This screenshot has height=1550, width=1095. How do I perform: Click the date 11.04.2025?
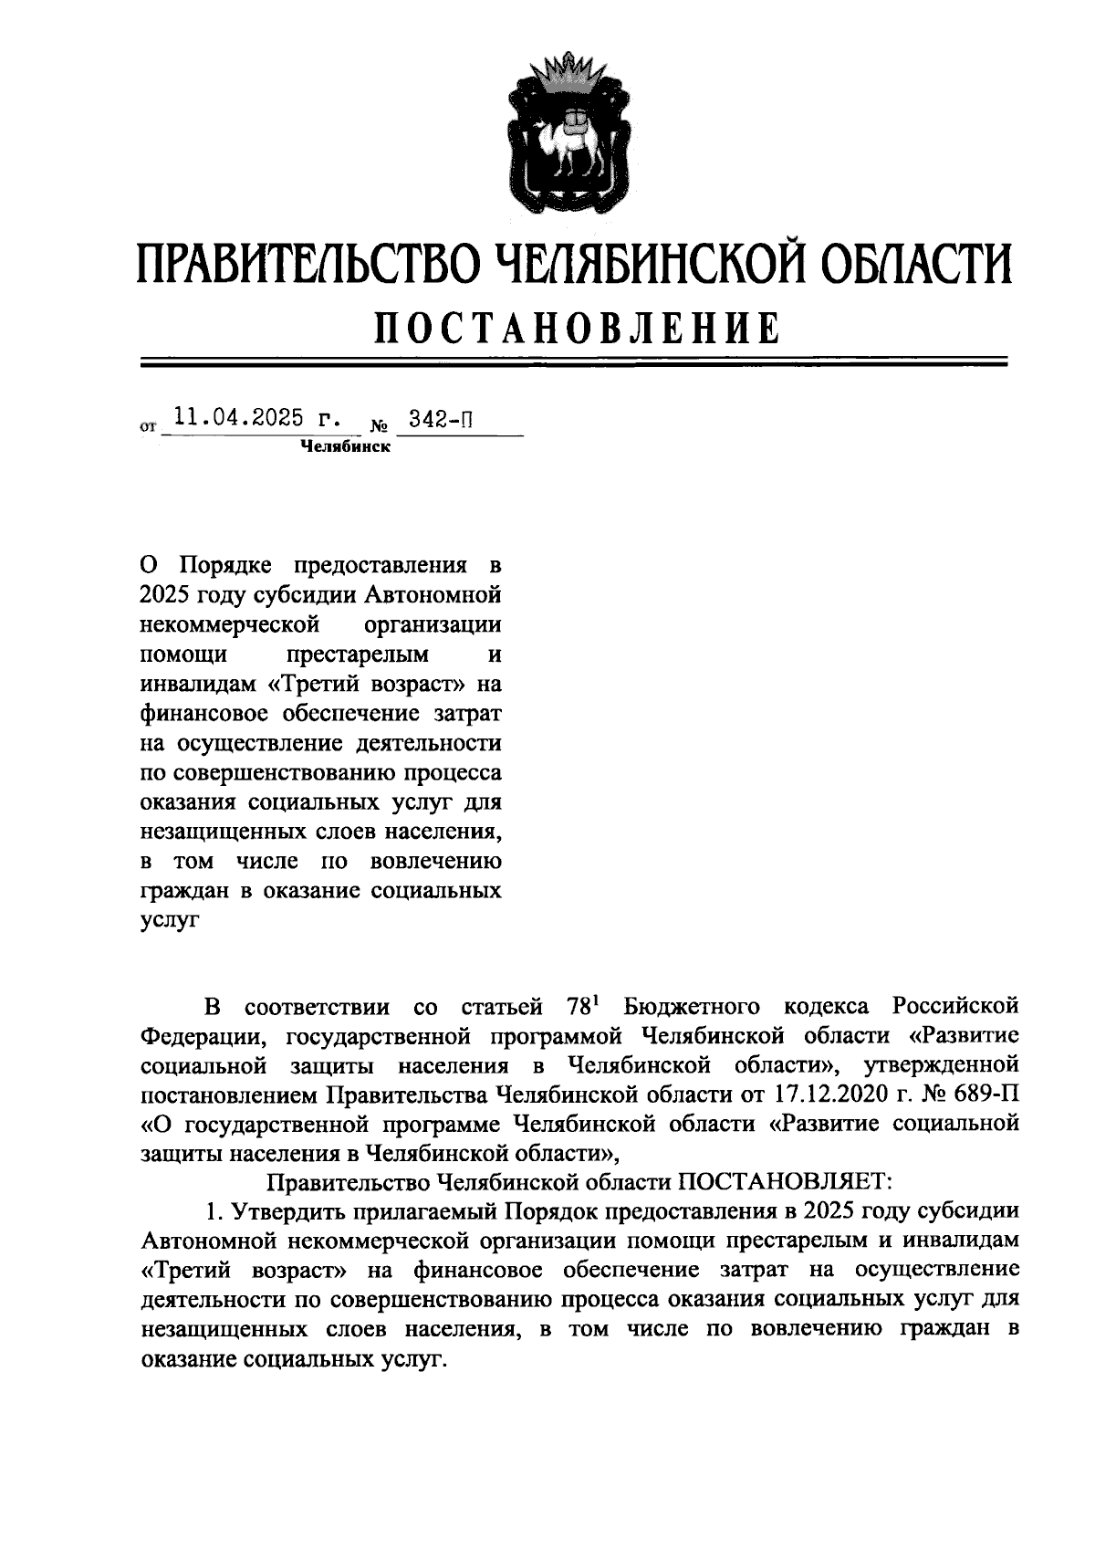[238, 418]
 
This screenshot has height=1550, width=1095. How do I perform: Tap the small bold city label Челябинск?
[346, 447]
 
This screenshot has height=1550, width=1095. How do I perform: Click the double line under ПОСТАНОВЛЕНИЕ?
[573, 362]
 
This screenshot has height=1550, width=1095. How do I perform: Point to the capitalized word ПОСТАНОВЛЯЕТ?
[782, 1182]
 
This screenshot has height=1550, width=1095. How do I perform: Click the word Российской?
[954, 1007]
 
